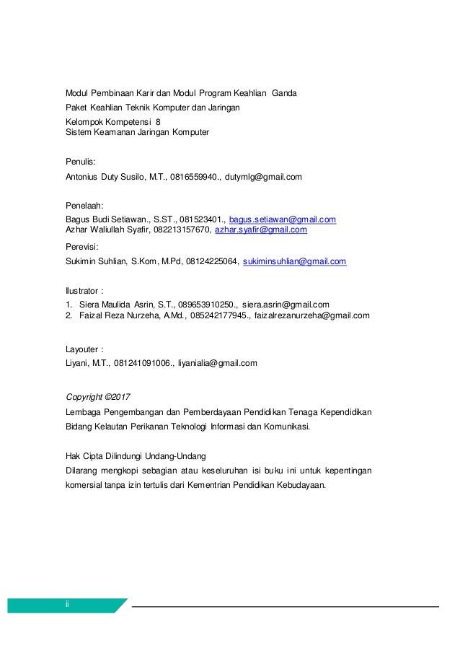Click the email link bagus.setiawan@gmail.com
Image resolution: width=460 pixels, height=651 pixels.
point(283,219)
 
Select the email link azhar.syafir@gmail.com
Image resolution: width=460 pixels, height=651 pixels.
point(262,230)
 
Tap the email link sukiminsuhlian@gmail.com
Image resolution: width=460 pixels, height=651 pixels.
point(295,261)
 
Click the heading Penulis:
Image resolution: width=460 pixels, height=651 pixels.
point(80,162)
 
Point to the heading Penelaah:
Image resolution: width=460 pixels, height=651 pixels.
point(85,206)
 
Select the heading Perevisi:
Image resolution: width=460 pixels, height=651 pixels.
point(82,247)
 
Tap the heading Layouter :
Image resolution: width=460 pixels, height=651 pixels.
point(83,349)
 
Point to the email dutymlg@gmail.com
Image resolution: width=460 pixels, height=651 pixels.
point(263,176)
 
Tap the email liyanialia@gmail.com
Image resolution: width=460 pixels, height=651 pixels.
point(218,363)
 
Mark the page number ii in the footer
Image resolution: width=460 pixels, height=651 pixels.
point(67,605)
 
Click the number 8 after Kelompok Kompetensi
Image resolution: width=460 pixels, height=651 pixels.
point(159,122)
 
